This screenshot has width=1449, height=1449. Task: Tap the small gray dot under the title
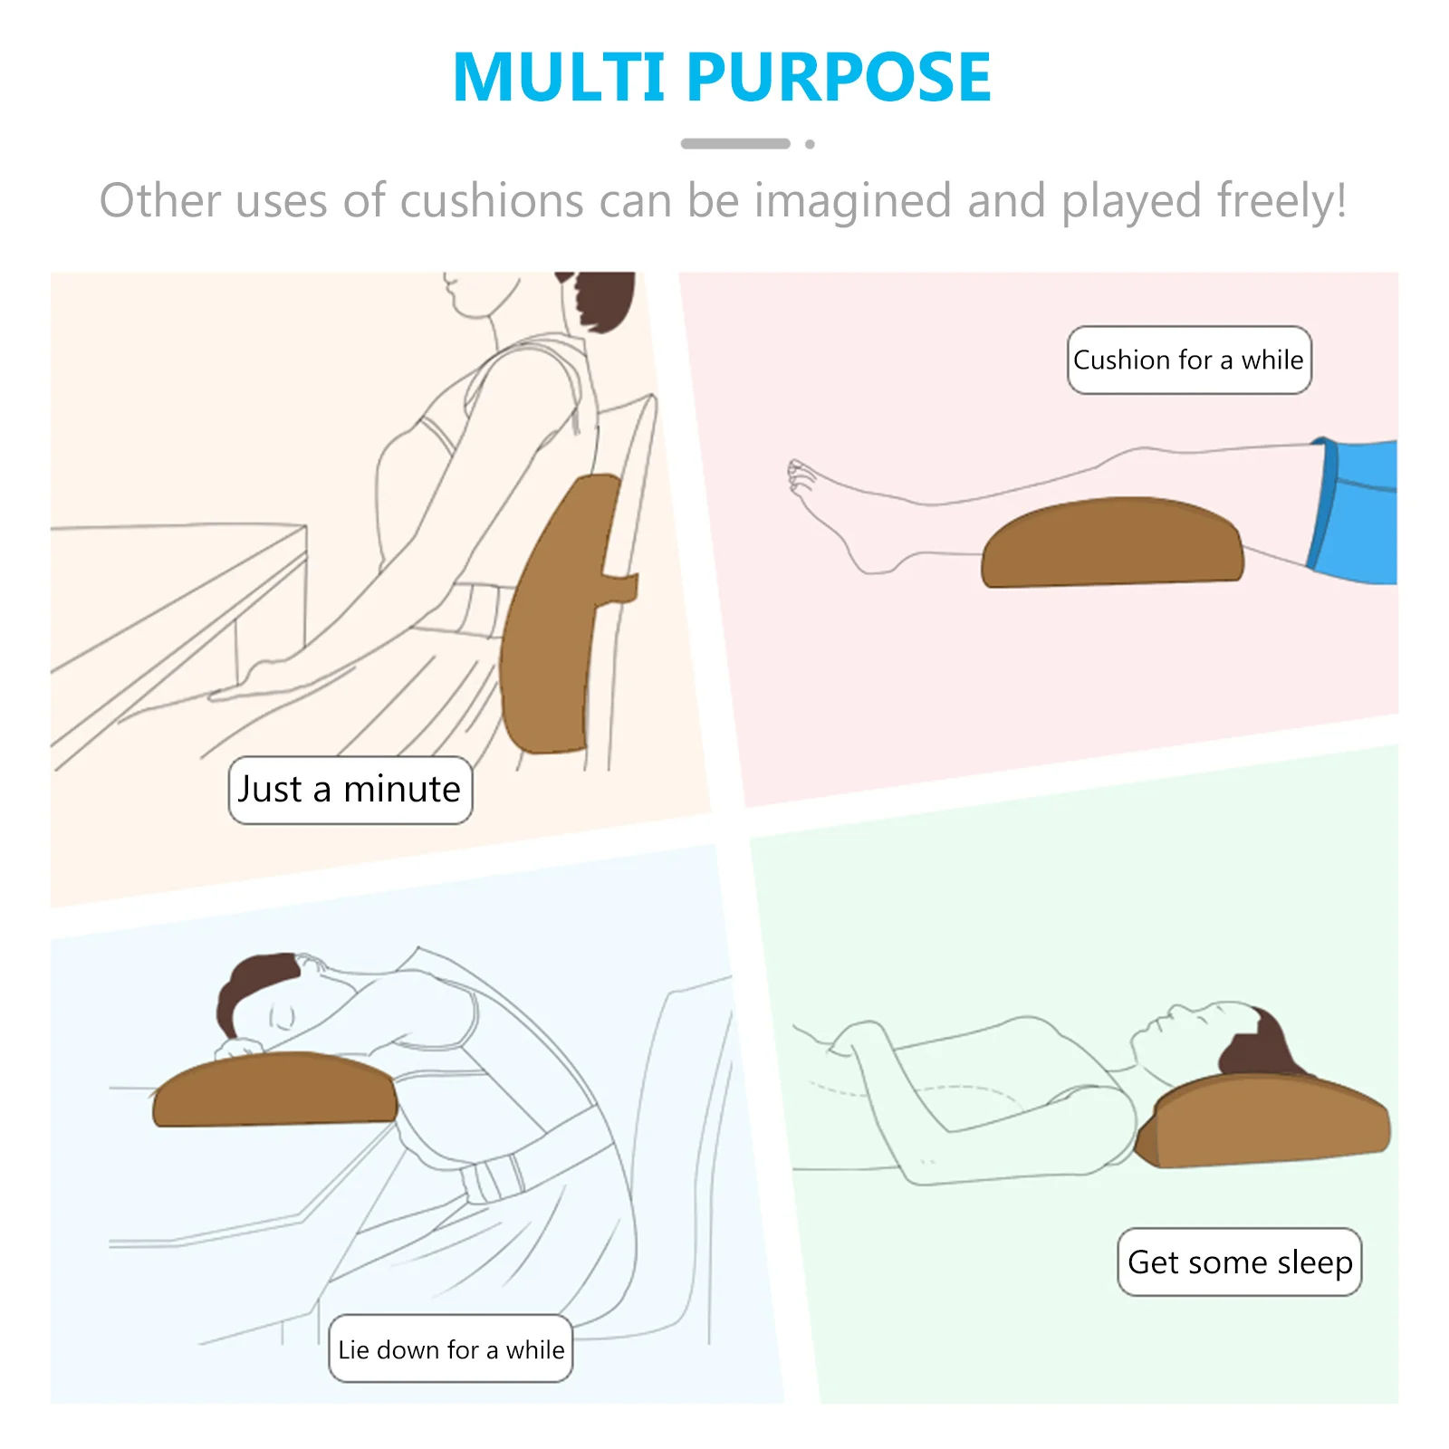[x=810, y=144]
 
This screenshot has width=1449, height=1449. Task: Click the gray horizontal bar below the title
[x=734, y=144]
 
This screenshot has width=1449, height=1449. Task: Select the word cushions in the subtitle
[x=492, y=201]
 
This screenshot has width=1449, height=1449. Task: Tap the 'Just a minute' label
[x=350, y=790]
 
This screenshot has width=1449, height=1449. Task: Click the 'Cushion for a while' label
[x=1188, y=360]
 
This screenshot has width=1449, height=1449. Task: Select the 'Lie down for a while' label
[x=450, y=1349]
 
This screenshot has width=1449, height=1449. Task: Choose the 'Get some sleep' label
[x=1239, y=1262]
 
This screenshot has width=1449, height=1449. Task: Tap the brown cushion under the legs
[x=1112, y=543]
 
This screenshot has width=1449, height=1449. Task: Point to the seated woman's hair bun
[x=602, y=299]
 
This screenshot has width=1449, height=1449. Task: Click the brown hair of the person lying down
[x=1254, y=1046]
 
